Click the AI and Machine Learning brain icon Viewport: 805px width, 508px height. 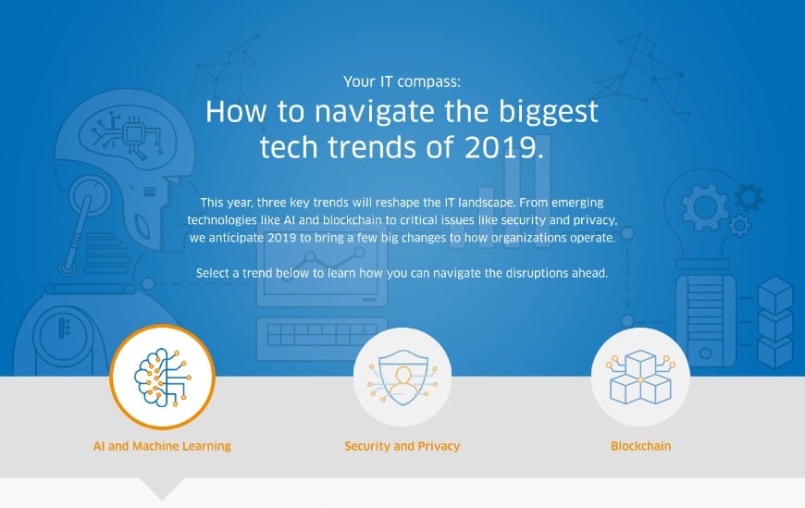(x=162, y=377)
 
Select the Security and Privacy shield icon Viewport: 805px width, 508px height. (x=402, y=377)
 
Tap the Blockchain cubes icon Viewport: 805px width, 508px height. (x=640, y=377)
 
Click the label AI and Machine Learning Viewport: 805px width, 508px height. (x=162, y=446)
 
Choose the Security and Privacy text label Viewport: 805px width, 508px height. (x=402, y=446)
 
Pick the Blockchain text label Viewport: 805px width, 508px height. (x=640, y=446)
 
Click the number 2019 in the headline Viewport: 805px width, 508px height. (x=503, y=147)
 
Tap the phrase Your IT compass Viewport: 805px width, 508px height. (x=402, y=81)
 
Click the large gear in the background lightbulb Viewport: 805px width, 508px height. (x=705, y=207)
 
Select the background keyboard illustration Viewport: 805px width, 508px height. (x=321, y=339)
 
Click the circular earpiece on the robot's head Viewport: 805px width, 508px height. (x=90, y=197)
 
